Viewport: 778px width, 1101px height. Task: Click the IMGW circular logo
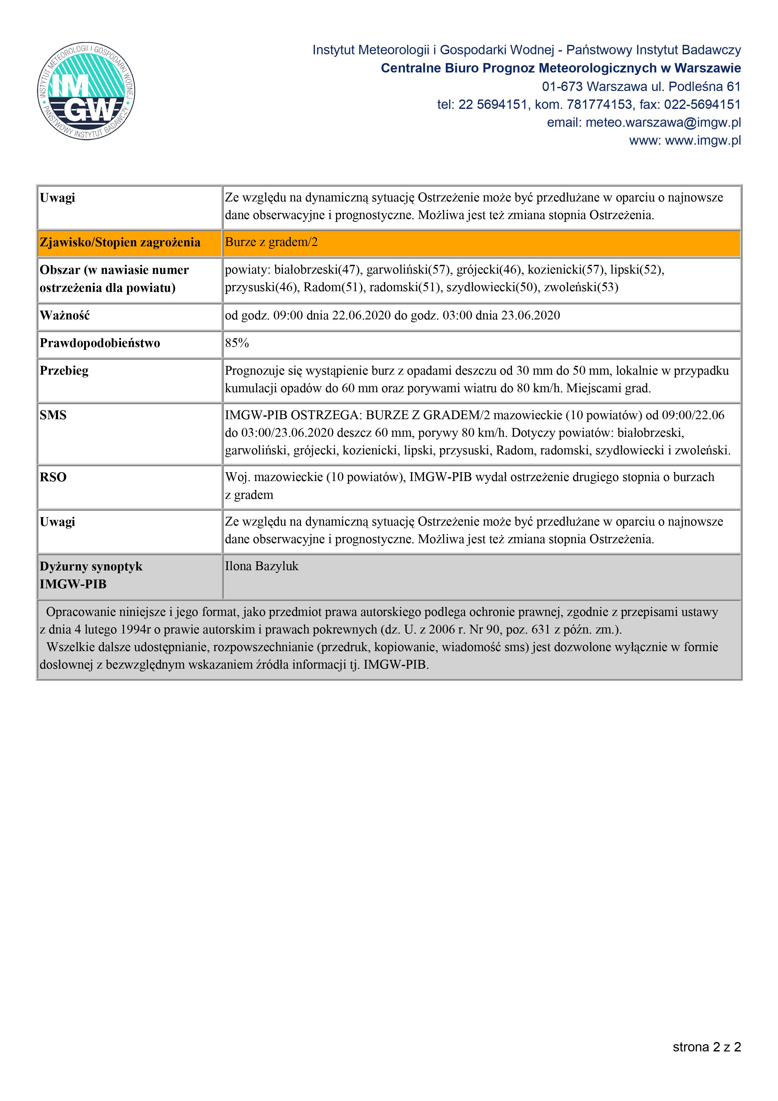point(86,91)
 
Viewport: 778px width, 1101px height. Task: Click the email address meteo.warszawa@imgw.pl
point(663,123)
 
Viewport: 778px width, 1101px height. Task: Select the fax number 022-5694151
point(702,104)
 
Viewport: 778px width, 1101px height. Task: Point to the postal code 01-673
point(562,87)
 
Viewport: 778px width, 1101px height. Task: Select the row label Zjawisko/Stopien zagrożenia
point(120,243)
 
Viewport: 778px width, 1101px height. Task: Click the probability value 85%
point(237,343)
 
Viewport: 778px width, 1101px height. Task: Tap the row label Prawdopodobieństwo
point(100,343)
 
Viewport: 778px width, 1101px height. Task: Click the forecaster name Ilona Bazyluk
point(262,566)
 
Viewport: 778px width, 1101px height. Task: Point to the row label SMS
point(53,415)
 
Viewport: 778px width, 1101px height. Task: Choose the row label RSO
point(53,477)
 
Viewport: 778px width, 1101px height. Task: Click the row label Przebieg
point(64,371)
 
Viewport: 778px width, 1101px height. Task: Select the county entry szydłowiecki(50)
point(492,287)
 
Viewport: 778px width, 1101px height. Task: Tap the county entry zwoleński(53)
point(581,287)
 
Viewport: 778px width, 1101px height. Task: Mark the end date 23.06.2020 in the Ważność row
point(531,316)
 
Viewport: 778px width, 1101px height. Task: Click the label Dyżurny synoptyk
point(91,566)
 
